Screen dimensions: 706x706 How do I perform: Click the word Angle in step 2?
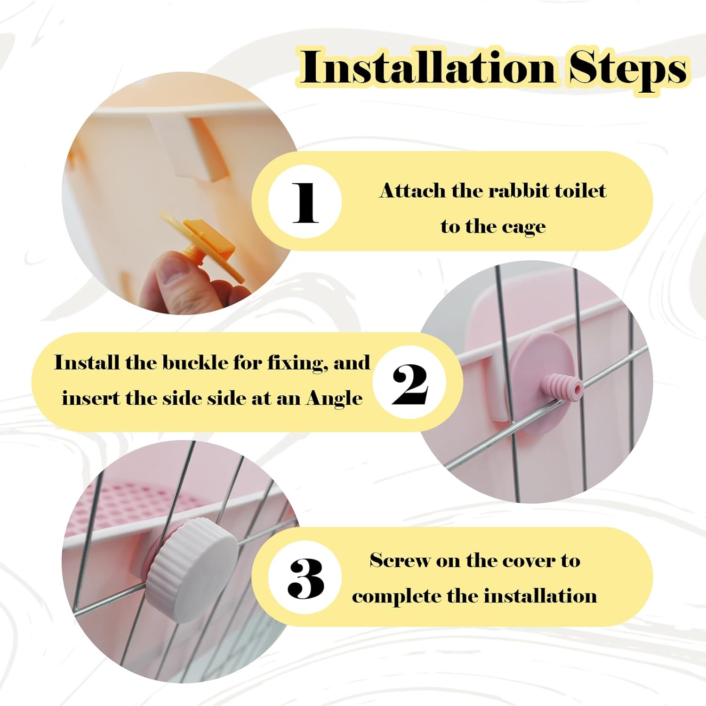tap(335, 399)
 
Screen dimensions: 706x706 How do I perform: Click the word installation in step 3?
tap(540, 596)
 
